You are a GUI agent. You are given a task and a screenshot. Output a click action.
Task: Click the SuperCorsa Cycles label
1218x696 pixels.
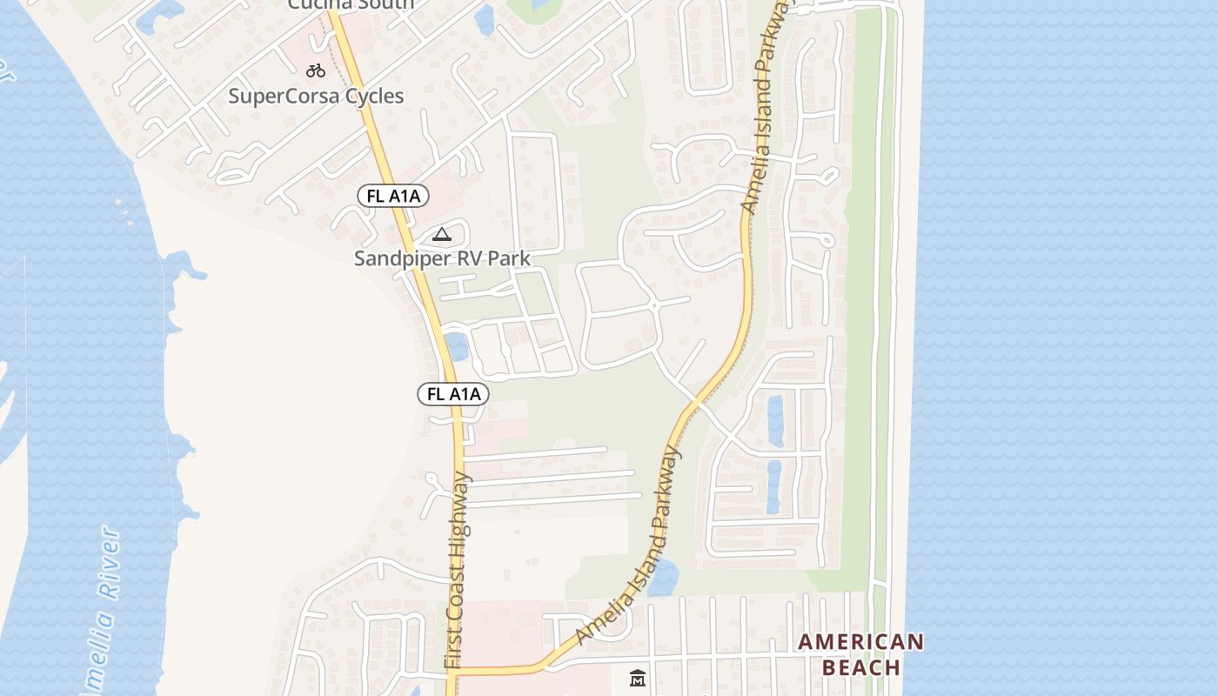pyautogui.click(x=316, y=96)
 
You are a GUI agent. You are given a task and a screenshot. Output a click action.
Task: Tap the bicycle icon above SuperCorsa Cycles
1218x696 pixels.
pyautogui.click(x=316, y=70)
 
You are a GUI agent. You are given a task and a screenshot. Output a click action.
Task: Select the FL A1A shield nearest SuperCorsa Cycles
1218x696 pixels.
pyautogui.click(x=393, y=196)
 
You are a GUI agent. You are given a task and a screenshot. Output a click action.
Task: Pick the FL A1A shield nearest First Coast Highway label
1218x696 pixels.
pyautogui.click(x=453, y=394)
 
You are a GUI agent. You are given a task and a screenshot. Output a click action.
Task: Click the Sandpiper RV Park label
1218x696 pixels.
pyautogui.click(x=442, y=258)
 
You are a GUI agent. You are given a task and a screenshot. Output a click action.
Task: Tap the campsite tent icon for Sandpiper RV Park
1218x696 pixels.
pyautogui.click(x=442, y=234)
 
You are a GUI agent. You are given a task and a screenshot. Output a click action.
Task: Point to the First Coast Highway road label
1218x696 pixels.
pyautogui.click(x=458, y=570)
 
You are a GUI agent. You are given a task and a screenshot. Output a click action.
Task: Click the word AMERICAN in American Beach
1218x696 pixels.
pyautogui.click(x=861, y=642)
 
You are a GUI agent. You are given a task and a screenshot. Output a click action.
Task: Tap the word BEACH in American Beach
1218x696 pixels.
pyautogui.click(x=861, y=667)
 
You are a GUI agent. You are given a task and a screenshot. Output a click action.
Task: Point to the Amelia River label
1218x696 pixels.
pyautogui.click(x=103, y=609)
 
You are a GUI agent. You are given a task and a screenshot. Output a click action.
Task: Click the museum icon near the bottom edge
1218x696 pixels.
pyautogui.click(x=638, y=678)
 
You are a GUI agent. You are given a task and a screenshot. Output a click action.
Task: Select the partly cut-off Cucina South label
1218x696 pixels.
pyautogui.click(x=351, y=4)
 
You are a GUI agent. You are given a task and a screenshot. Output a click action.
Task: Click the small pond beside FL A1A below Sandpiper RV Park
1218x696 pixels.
pyautogui.click(x=457, y=345)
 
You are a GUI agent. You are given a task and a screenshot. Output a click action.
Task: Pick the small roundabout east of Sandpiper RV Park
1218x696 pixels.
pyautogui.click(x=653, y=306)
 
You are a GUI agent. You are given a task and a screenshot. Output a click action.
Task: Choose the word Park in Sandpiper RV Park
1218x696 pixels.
pyautogui.click(x=507, y=258)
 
